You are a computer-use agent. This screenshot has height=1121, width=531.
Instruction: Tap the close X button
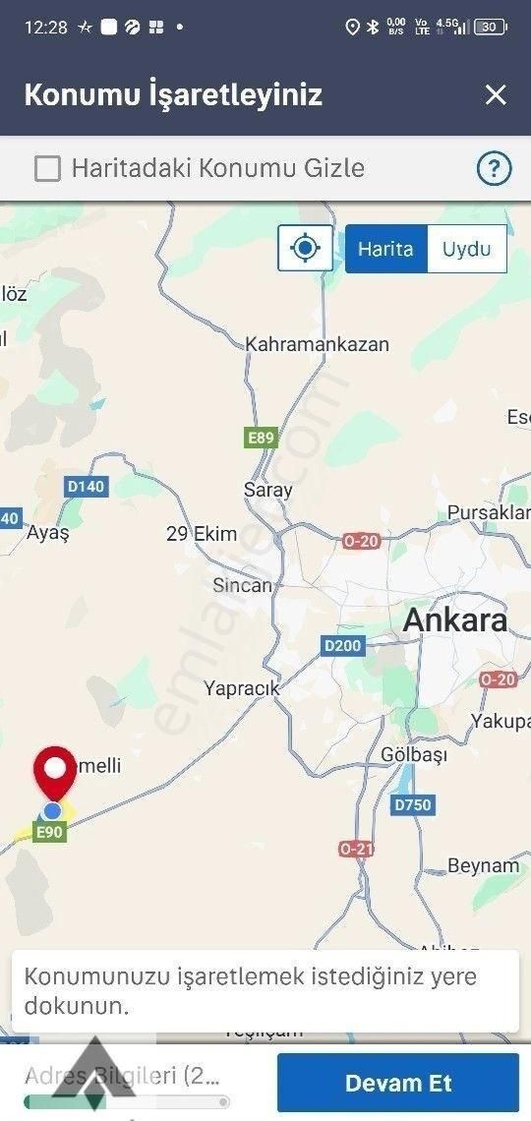point(496,94)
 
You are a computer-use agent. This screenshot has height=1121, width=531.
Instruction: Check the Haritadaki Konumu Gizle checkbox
point(47,169)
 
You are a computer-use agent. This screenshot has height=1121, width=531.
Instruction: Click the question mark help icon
point(494,169)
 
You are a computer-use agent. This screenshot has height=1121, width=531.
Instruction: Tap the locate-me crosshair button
point(306,248)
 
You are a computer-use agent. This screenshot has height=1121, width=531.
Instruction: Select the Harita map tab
point(385,249)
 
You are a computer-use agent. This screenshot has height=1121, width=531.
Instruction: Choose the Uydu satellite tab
point(466,249)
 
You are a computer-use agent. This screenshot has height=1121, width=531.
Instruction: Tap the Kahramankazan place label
point(317,344)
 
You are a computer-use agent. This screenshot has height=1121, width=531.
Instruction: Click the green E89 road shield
point(261,438)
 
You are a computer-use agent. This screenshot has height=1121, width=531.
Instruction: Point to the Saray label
point(267,490)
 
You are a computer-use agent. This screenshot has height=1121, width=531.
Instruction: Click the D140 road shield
point(86,486)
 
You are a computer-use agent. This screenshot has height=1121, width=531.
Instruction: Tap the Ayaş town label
point(48,533)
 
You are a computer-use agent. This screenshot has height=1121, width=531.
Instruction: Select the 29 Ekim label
point(202,534)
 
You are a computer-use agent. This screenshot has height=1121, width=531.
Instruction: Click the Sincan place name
point(242,585)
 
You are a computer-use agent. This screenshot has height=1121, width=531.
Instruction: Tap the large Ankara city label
point(455,620)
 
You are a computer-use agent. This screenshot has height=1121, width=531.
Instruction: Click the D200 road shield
point(342,646)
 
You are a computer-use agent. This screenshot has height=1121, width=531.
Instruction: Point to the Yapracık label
point(241,688)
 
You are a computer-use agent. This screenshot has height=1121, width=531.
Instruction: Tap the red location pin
point(55,772)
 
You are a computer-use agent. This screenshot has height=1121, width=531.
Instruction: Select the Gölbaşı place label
point(413,754)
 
